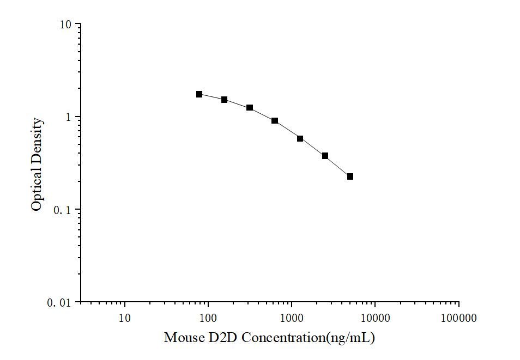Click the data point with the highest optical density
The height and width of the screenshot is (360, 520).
199,94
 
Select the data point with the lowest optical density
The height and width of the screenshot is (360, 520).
350,176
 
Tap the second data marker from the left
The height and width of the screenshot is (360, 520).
224,100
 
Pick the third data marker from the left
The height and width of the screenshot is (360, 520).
250,108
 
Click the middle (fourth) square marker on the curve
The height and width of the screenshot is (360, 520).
275,120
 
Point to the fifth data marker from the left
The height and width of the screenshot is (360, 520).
300,138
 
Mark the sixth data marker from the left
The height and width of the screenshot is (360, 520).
325,156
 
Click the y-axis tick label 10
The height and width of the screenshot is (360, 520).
66,25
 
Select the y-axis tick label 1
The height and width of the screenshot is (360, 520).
69,117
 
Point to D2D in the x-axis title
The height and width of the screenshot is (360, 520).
221,338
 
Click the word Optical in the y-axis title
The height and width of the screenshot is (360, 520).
37,190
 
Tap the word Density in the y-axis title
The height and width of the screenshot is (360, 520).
37,141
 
